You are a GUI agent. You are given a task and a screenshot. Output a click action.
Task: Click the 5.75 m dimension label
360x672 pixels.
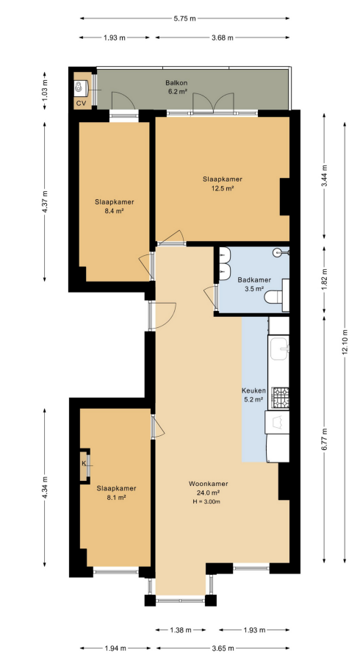pyautogui.click(x=184, y=18)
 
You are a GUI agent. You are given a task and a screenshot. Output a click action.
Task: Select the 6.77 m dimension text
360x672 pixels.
pyautogui.click(x=325, y=439)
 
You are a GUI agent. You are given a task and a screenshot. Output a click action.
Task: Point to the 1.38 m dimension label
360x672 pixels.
pyautogui.click(x=181, y=630)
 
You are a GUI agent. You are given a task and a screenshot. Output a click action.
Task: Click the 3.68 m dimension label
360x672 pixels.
pyautogui.click(x=223, y=37)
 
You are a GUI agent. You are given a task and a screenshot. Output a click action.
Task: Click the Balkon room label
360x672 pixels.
pyautogui.click(x=177, y=83)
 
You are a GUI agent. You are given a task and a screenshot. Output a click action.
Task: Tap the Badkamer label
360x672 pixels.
pyautogui.click(x=251, y=280)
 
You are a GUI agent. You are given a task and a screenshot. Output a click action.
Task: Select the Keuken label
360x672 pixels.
pyautogui.click(x=254, y=391)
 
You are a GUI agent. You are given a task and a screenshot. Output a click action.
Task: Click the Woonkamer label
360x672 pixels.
pyautogui.click(x=209, y=484)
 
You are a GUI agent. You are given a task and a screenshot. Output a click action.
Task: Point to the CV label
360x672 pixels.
pyautogui.click(x=81, y=103)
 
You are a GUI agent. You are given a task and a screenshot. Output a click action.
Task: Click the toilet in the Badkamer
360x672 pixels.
pyautogui.click(x=274, y=296)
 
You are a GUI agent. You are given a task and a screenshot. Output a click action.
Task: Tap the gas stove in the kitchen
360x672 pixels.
pyautogui.click(x=281, y=397)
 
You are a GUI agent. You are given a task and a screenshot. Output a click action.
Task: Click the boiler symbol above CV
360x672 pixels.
pyautogui.click(x=79, y=87)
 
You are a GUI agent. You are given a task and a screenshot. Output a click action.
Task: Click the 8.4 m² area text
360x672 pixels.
pyautogui.click(x=115, y=210)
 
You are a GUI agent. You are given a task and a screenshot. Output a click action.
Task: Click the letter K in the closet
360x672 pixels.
pyautogui.click(x=84, y=464)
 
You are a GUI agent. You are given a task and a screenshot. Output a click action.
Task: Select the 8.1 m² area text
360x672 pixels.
pyautogui.click(x=116, y=497)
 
